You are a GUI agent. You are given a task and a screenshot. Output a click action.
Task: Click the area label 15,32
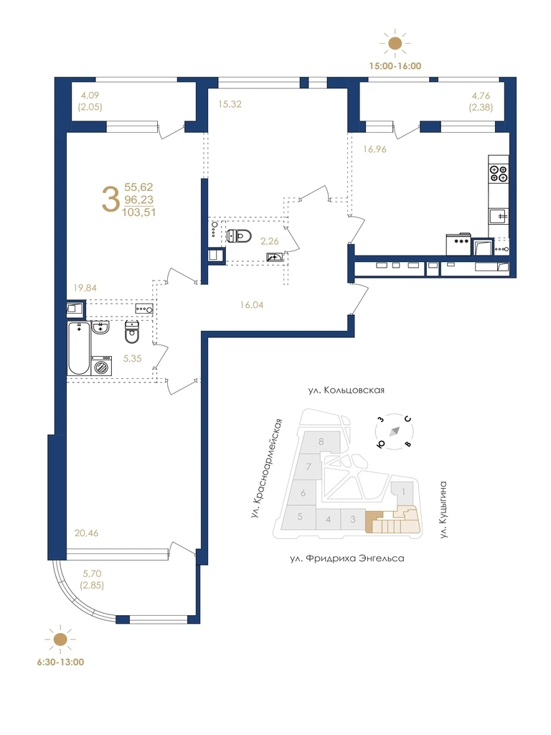click(230, 104)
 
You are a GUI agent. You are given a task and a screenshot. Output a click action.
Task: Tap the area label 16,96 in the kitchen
click(375, 149)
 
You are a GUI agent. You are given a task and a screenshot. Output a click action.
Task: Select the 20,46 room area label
click(86, 533)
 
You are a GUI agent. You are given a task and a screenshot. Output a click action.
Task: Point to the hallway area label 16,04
click(252, 304)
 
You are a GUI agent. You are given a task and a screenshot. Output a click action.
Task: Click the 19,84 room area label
click(85, 288)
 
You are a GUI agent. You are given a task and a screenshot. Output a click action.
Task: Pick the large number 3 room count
click(110, 200)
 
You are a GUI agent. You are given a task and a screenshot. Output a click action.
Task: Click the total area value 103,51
click(138, 212)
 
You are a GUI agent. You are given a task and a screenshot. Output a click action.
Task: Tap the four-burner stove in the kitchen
click(498, 174)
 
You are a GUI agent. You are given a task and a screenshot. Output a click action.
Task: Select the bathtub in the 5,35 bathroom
click(79, 348)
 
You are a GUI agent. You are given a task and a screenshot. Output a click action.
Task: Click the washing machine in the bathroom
click(101, 365)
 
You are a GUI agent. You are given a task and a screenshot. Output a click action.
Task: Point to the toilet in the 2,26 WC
click(238, 235)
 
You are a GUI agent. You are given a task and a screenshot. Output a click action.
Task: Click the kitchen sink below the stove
click(499, 217)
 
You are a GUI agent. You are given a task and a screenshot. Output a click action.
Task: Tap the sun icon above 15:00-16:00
click(395, 43)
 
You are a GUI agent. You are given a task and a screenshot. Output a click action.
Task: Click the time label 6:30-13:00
click(60, 663)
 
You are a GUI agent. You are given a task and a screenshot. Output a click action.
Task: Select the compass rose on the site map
click(395, 431)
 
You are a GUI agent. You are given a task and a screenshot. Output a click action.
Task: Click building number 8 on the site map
click(321, 441)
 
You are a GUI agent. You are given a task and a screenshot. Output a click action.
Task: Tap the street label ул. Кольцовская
click(347, 390)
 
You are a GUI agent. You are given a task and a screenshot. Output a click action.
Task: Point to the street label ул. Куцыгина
click(443, 510)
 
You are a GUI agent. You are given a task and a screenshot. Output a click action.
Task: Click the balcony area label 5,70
click(92, 574)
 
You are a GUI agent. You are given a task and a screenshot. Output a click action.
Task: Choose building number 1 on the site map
click(404, 492)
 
